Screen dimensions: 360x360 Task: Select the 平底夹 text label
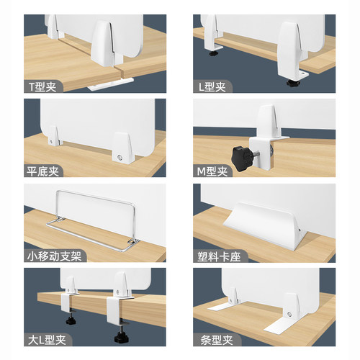[43, 171]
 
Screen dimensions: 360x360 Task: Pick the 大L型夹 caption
[45, 341]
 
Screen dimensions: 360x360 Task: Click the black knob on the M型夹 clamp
[238, 153]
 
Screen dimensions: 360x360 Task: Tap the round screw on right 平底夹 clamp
[118, 156]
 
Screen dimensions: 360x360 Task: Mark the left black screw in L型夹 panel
[215, 52]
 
